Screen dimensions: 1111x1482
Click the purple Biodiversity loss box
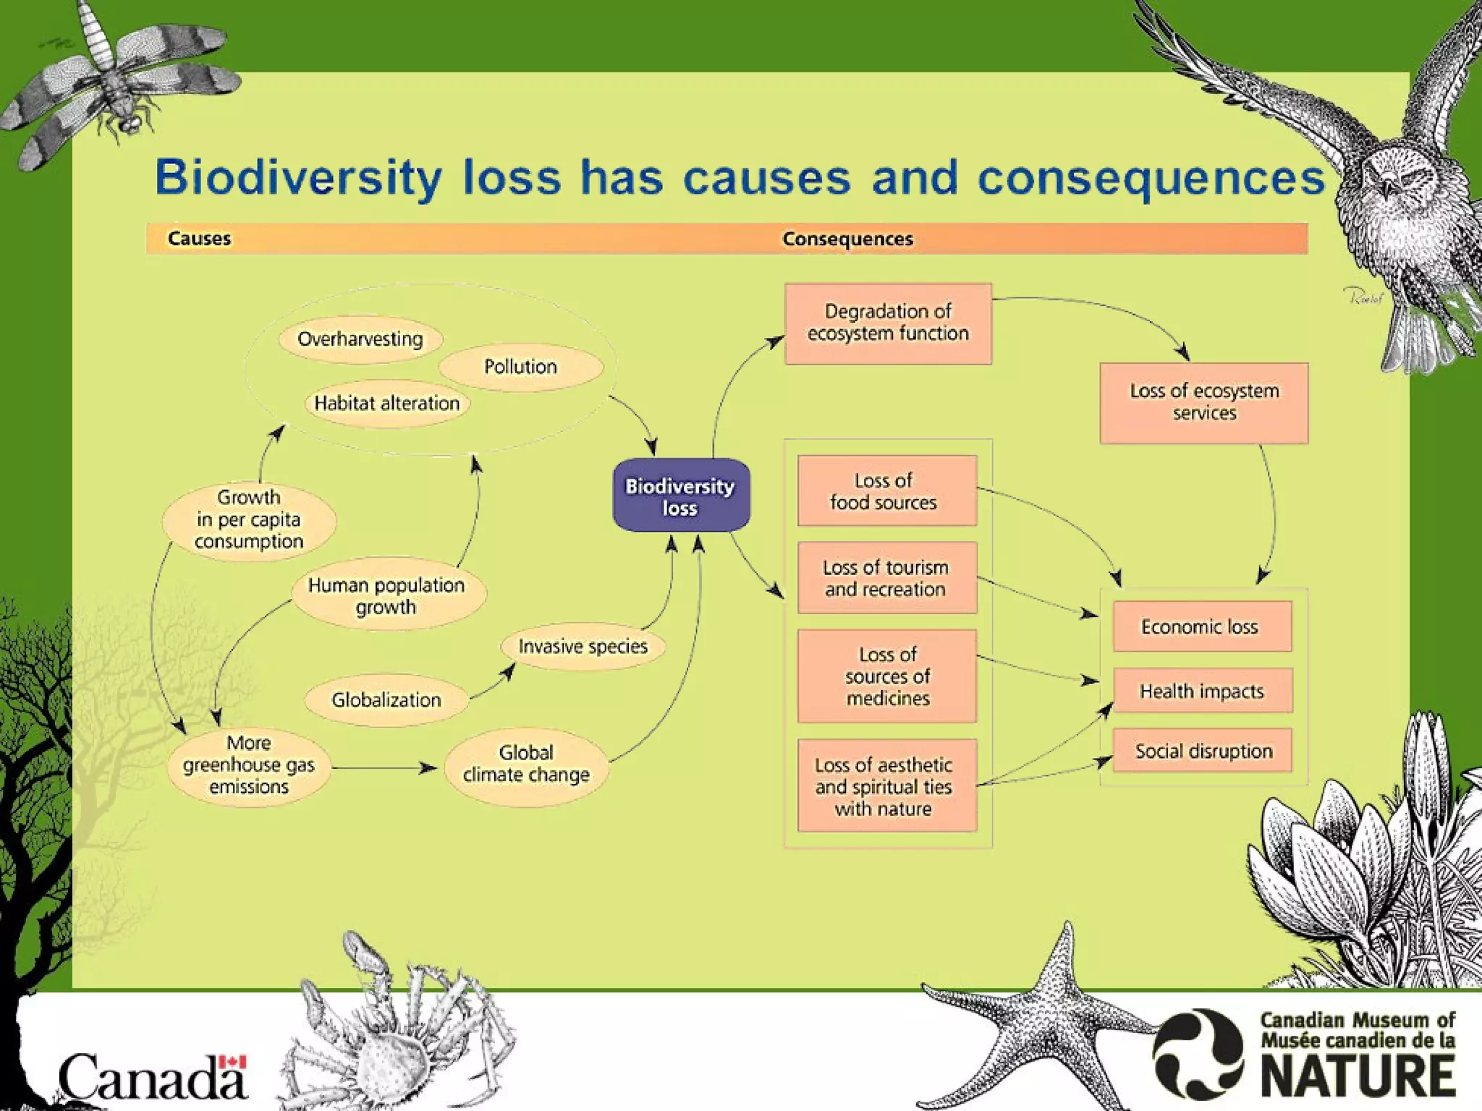(x=680, y=496)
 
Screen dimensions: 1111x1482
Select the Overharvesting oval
(x=360, y=339)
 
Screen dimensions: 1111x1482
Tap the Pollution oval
(x=520, y=367)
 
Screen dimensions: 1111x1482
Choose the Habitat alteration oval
(x=386, y=403)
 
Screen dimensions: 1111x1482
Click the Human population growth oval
(x=386, y=595)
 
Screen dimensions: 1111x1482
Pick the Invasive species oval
(x=583, y=646)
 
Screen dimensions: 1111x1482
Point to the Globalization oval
(x=386, y=699)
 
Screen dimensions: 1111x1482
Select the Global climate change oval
(x=526, y=764)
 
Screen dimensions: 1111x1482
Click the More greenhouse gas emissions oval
(x=248, y=765)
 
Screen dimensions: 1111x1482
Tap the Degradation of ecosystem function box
(x=888, y=323)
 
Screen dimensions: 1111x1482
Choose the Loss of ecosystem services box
(x=1204, y=402)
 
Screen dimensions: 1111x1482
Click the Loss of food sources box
(x=886, y=491)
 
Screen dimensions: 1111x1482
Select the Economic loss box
(x=1201, y=626)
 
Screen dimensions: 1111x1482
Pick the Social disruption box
(x=1203, y=751)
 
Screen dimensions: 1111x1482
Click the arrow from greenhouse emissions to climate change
(x=384, y=767)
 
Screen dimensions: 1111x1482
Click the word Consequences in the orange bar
(x=847, y=239)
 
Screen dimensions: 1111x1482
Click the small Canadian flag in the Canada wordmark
(x=233, y=1063)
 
